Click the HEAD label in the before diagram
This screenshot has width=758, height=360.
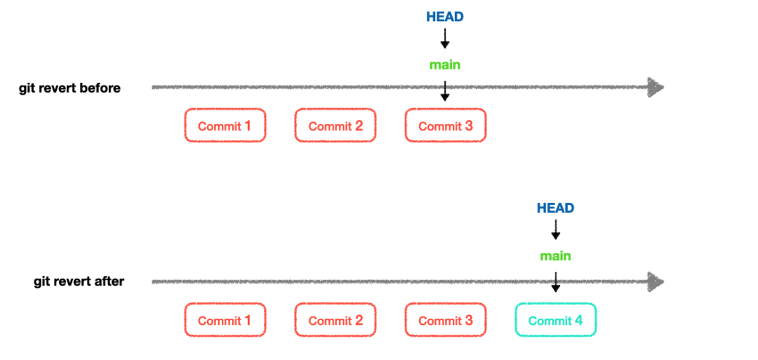click(445, 17)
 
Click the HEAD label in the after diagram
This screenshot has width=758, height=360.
click(555, 208)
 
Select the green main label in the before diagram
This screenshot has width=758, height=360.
click(445, 65)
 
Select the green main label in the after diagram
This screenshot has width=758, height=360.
click(555, 256)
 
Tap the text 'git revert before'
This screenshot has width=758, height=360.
click(70, 88)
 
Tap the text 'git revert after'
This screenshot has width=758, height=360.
click(79, 281)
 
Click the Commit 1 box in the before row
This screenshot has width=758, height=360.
click(225, 126)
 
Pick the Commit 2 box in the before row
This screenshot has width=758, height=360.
click(335, 126)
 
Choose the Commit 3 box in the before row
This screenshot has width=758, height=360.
click(446, 126)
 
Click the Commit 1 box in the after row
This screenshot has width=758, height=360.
click(225, 320)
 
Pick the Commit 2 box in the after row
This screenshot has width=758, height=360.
click(335, 320)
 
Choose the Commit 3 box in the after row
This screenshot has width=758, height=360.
click(446, 320)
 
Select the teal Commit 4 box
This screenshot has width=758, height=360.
click(555, 320)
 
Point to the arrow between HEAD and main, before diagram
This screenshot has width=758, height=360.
click(445, 39)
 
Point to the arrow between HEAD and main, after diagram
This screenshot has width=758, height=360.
click(555, 230)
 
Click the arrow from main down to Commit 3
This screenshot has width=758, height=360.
click(445, 90)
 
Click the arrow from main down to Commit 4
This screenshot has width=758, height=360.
click(555, 281)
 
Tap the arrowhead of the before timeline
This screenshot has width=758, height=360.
click(656, 88)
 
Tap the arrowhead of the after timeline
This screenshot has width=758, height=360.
click(656, 281)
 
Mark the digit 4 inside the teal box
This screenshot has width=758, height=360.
click(578, 320)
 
